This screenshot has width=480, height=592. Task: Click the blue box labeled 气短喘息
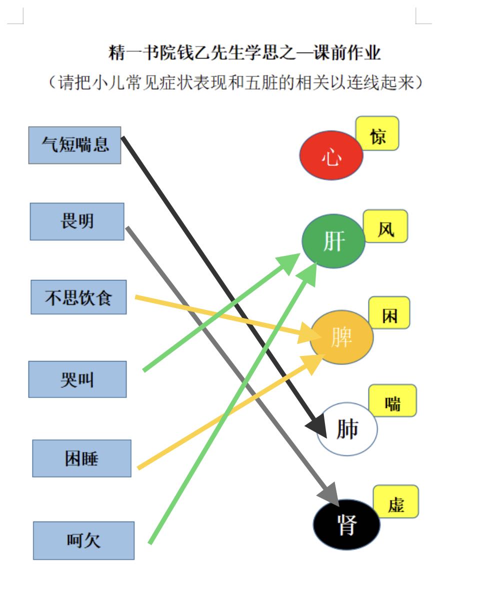coord(75,145)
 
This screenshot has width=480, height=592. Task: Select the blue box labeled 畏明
coord(77,221)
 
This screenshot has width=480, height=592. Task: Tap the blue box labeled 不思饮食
coord(78,297)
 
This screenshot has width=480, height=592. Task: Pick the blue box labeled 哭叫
coord(77,379)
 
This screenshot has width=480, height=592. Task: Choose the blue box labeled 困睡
coord(81,458)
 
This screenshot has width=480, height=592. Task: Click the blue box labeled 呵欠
coord(84,540)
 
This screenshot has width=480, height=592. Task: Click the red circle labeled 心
coord(331,155)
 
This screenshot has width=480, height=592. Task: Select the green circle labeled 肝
coord(333,241)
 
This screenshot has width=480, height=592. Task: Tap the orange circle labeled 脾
coord(341,337)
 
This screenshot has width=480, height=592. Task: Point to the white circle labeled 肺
coord(347,429)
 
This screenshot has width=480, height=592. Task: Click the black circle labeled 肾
coord(346,524)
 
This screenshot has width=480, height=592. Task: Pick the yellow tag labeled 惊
coord(377,133)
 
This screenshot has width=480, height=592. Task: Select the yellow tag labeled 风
coord(385,226)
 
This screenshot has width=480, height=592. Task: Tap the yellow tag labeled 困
coord(389,312)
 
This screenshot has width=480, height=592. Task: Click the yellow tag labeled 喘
coord(393,400)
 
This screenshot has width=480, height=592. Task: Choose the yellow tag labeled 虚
coord(396,501)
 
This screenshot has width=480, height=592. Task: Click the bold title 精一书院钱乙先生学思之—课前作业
coord(244,52)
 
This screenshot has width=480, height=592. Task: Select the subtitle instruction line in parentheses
coord(236,82)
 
